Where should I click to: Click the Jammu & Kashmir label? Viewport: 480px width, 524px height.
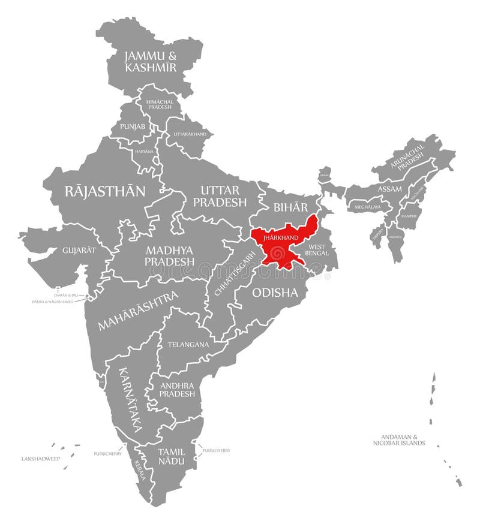click(x=151, y=62)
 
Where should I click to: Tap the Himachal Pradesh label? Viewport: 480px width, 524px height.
click(x=159, y=104)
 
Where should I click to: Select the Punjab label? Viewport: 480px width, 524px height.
click(x=132, y=127)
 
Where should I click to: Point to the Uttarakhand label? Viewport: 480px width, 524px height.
click(x=190, y=134)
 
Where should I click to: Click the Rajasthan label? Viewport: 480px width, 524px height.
click(x=105, y=191)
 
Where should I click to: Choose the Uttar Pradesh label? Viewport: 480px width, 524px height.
click(x=220, y=196)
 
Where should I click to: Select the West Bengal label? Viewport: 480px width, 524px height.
click(x=317, y=250)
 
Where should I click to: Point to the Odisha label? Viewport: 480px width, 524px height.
click(x=275, y=293)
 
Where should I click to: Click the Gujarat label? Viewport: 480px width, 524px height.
click(x=79, y=249)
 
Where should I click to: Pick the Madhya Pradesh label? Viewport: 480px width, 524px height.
click(x=169, y=255)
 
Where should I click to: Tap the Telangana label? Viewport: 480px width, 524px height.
click(x=188, y=345)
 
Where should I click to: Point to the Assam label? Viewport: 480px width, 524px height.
click(x=389, y=189)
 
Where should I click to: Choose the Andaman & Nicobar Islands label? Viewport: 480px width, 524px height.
click(x=398, y=440)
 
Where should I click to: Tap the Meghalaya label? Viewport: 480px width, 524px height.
click(x=368, y=207)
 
